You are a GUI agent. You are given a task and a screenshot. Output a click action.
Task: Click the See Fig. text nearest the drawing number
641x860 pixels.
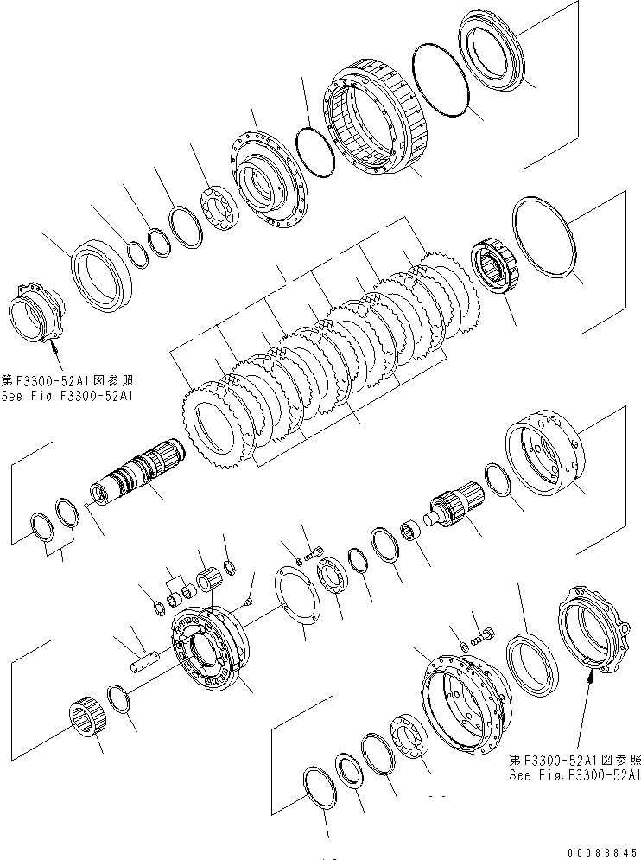click(574, 775)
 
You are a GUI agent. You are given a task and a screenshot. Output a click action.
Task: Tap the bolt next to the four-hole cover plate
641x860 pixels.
click(312, 552)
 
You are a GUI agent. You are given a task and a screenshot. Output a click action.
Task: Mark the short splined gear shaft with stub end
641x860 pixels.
click(454, 506)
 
